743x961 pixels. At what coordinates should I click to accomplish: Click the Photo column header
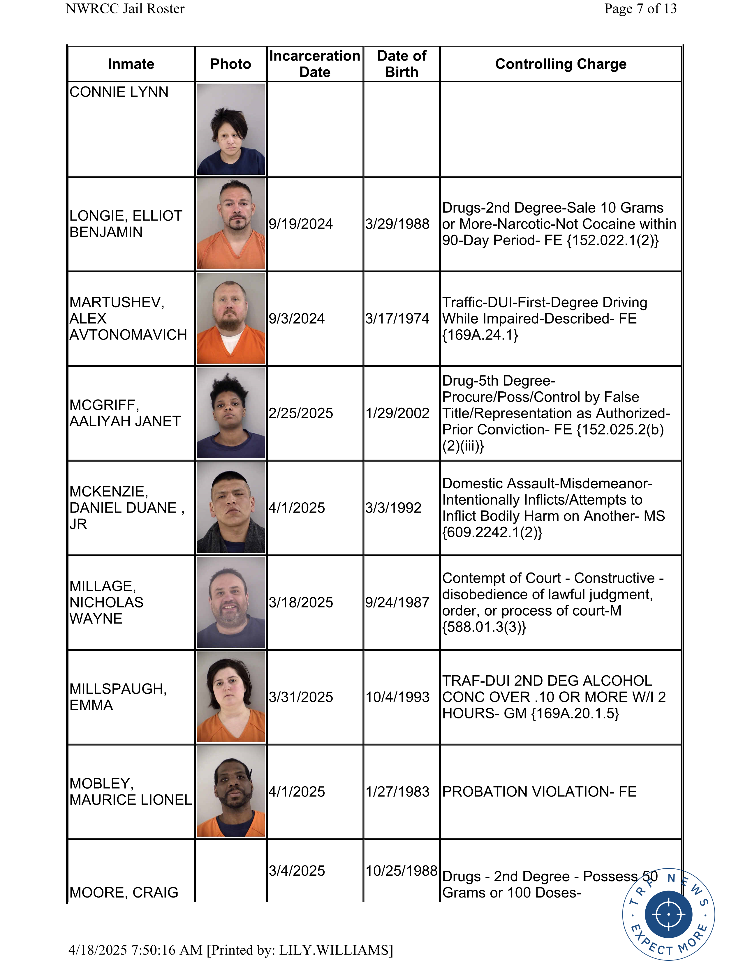point(231,64)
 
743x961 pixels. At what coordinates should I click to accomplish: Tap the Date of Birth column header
point(402,64)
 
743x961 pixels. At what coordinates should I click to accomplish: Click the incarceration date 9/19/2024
point(301,224)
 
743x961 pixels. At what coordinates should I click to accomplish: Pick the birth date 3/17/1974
point(397,319)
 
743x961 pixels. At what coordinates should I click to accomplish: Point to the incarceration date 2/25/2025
point(301,413)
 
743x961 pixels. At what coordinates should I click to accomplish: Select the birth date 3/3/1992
point(393,508)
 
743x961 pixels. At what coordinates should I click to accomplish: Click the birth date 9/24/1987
point(397,603)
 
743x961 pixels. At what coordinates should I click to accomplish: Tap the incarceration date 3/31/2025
point(301,697)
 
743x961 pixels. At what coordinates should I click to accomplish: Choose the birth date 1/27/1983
point(397,792)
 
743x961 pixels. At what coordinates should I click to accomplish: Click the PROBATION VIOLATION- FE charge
point(539,792)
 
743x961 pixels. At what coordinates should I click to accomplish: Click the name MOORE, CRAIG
point(124,892)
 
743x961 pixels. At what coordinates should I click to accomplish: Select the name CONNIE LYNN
point(119,92)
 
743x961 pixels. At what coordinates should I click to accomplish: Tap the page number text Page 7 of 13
point(640,8)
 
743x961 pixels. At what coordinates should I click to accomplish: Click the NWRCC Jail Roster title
point(125,8)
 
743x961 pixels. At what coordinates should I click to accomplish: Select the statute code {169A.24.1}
point(480,335)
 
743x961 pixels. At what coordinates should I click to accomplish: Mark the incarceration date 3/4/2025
point(297,870)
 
